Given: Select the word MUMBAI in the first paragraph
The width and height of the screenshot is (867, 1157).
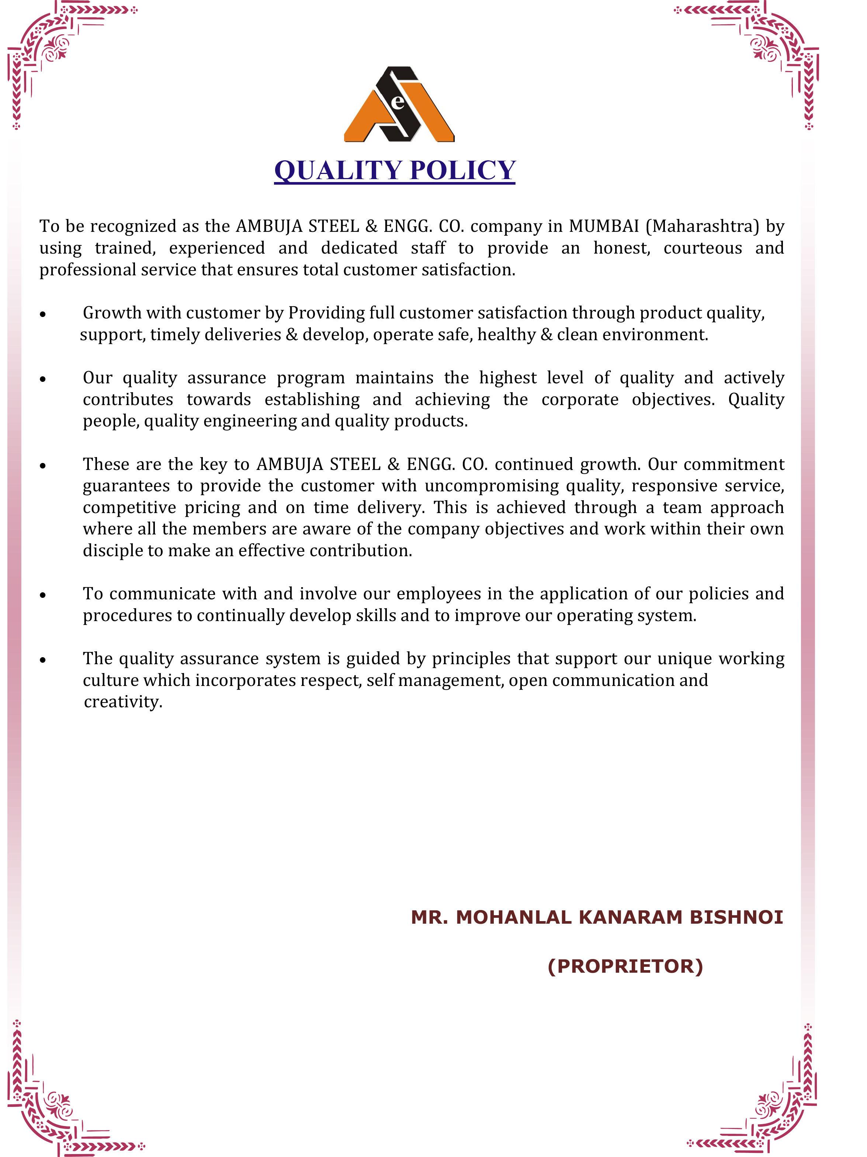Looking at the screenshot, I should [x=604, y=226].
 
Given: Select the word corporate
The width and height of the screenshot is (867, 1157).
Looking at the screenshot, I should [x=580, y=400].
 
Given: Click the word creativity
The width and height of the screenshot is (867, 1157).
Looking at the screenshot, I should [x=123, y=702].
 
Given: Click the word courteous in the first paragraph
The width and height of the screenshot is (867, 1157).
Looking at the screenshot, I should [x=702, y=248].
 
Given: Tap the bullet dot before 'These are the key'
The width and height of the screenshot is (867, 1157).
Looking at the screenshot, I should [x=43, y=466].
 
